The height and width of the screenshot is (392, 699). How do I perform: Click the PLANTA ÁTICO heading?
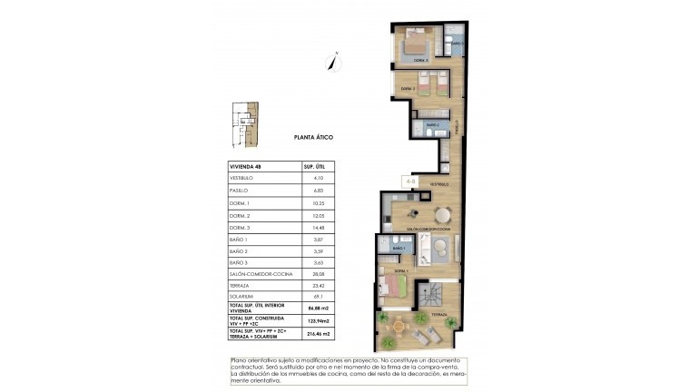coord(313,136)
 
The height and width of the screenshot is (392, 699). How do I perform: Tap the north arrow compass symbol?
coord(333,62)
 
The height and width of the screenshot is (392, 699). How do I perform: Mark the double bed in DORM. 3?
coord(417,42)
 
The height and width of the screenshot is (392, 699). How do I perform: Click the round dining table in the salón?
coord(443,215)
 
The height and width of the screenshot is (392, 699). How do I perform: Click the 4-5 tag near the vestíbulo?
coord(410,181)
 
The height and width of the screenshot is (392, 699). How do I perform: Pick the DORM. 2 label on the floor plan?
coord(408,89)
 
